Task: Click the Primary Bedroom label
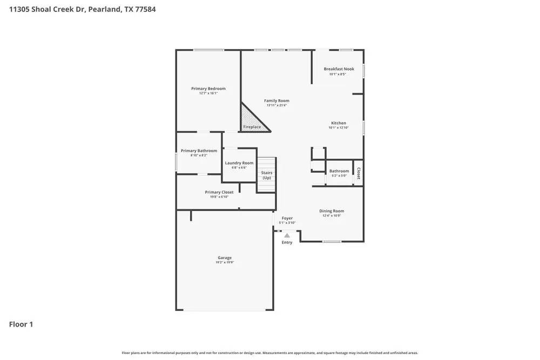coord(208,89)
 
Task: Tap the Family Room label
coord(276,101)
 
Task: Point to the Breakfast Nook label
coord(339,69)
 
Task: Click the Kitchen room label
coord(339,123)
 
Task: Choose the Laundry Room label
coord(239,163)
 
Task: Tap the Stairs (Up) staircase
coord(266,175)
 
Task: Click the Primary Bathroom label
coord(199,151)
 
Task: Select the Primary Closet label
coord(219,192)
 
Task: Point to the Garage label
coord(225,258)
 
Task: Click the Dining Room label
coord(332,211)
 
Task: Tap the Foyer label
coord(287,219)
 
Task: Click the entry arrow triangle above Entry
coord(287,235)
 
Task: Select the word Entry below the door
coord(287,243)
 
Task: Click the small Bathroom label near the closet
coord(339,171)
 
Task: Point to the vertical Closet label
coord(358,173)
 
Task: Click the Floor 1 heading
coord(21,324)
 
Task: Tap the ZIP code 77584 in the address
coord(144,9)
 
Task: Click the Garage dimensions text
coord(225,262)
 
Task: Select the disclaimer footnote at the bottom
coord(270,353)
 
